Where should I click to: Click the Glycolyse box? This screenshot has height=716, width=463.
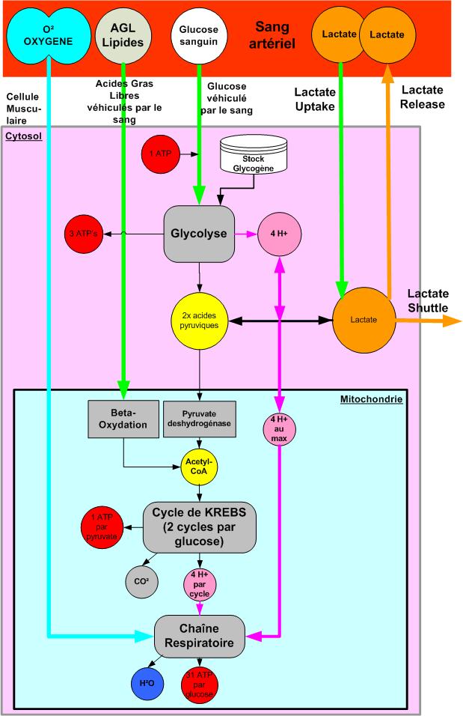pyautogui.click(x=200, y=234)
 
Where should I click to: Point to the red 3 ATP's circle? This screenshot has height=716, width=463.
pyautogui.click(x=82, y=234)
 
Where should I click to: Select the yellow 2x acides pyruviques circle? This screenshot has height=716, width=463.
pyautogui.click(x=200, y=320)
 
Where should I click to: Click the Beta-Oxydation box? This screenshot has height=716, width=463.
pyautogui.click(x=124, y=421)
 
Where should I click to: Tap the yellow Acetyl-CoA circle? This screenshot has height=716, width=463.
pyautogui.click(x=200, y=466)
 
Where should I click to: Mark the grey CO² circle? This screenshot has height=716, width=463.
pyautogui.click(x=141, y=580)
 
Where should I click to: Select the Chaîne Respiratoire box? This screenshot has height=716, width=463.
pyautogui.click(x=200, y=637)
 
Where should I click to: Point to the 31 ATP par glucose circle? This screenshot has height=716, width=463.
pyautogui.click(x=200, y=684)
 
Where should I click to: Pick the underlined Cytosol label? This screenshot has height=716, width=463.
pyautogui.click(x=23, y=136)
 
